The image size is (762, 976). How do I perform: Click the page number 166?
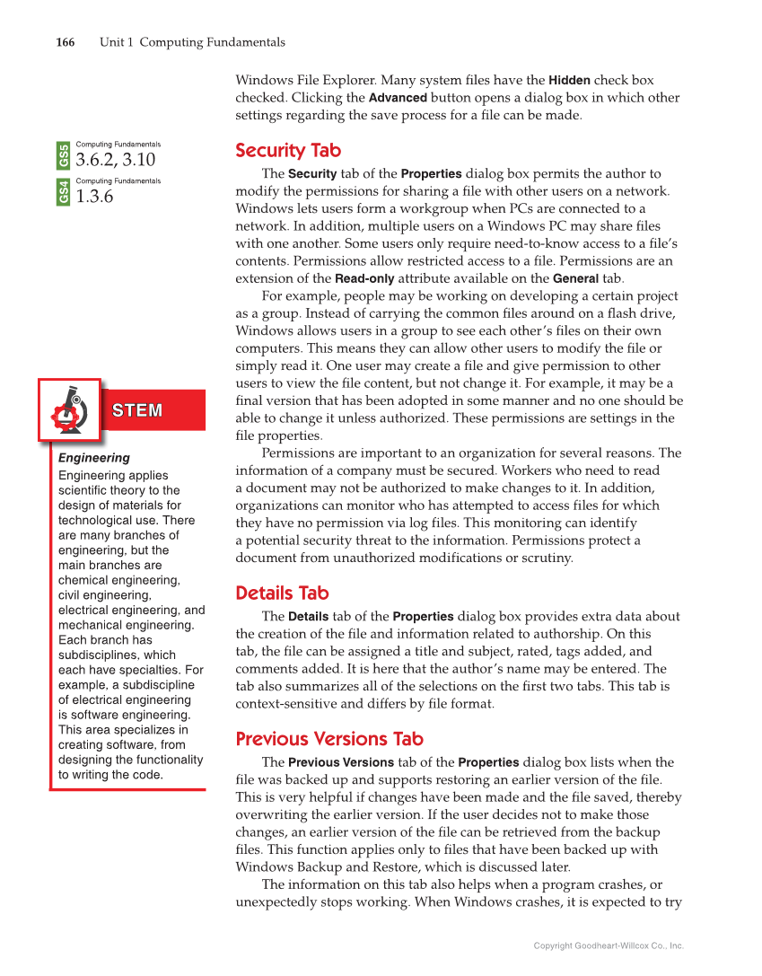65,42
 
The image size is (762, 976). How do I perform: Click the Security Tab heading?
288,150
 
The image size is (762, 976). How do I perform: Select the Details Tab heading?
282,593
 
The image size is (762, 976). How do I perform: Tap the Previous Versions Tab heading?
328,739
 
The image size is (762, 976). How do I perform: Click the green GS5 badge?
64,155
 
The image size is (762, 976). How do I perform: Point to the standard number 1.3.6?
95,197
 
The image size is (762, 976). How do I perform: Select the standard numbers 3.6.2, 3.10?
116,160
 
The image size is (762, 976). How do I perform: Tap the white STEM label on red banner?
137,410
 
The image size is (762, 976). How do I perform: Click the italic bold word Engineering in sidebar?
94,458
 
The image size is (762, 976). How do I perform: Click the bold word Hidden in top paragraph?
569,80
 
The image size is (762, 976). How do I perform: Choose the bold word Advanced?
398,98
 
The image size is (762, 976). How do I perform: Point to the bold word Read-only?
364,278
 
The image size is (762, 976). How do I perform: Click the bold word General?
575,278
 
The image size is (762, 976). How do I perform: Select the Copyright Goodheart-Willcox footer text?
609,945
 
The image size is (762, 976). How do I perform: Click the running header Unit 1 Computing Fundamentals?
192,42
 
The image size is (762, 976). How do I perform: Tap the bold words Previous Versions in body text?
340,762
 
